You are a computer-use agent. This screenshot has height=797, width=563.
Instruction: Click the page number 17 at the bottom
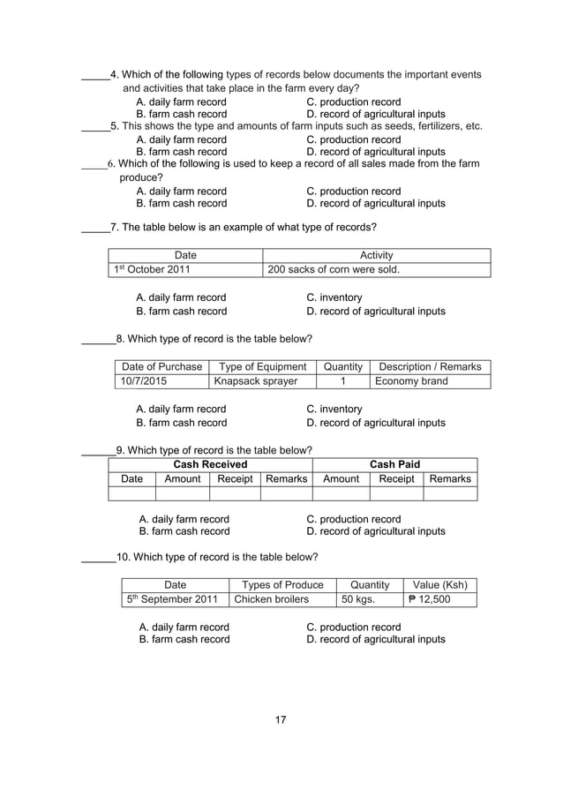pyautogui.click(x=281, y=720)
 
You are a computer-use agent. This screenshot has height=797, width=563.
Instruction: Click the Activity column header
pyautogui.click(x=377, y=255)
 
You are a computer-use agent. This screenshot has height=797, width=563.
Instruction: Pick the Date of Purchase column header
pyautogui.click(x=161, y=366)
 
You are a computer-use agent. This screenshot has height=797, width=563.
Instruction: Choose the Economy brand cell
pyautogui.click(x=411, y=381)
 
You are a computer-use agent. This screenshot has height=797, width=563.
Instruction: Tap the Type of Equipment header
pyautogui.click(x=262, y=366)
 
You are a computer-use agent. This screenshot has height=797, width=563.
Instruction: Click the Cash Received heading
pyautogui.click(x=210, y=464)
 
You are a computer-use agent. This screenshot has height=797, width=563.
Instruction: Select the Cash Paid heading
pyautogui.click(x=394, y=464)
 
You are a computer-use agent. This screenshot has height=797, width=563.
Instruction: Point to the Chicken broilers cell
pyautogui.click(x=270, y=600)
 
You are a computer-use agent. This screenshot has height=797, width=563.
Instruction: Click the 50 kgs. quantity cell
pyautogui.click(x=358, y=600)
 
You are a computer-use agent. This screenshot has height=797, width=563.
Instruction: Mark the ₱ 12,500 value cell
pyautogui.click(x=429, y=600)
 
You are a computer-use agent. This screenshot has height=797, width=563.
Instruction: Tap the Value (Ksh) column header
pyautogui.click(x=439, y=585)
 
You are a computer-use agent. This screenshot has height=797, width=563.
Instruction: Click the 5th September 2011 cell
pyautogui.click(x=174, y=600)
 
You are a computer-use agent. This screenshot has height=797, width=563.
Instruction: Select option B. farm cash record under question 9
pyautogui.click(x=184, y=531)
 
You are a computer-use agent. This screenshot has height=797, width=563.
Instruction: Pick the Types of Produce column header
pyautogui.click(x=282, y=585)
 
